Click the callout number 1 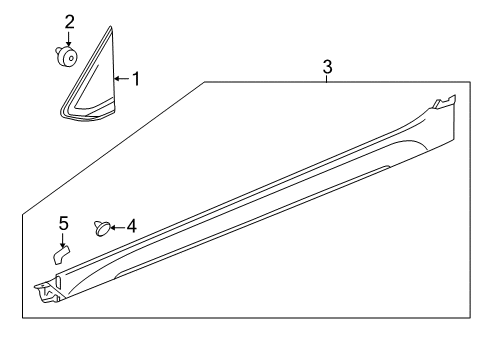pos(136,79)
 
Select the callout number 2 pos(69,22)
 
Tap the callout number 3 pos(327,67)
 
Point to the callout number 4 pos(132,226)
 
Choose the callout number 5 pos(64,223)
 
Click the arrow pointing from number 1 pos(122,79)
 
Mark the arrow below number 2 pos(69,38)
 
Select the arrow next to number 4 pos(117,228)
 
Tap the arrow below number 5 pos(63,240)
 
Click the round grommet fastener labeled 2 pos(68,56)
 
